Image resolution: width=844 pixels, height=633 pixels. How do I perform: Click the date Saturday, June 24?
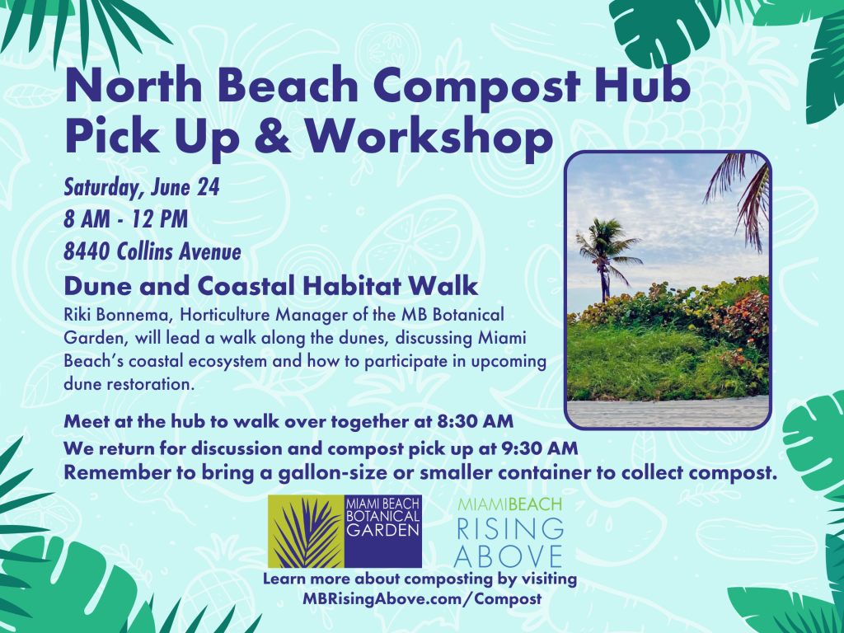coord(142,188)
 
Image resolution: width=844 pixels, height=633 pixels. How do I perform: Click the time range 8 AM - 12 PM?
coord(125,220)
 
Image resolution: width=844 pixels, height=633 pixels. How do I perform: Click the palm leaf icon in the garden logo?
coord(306,531)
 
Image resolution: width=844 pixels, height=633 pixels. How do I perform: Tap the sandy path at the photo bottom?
coord(667,412)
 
